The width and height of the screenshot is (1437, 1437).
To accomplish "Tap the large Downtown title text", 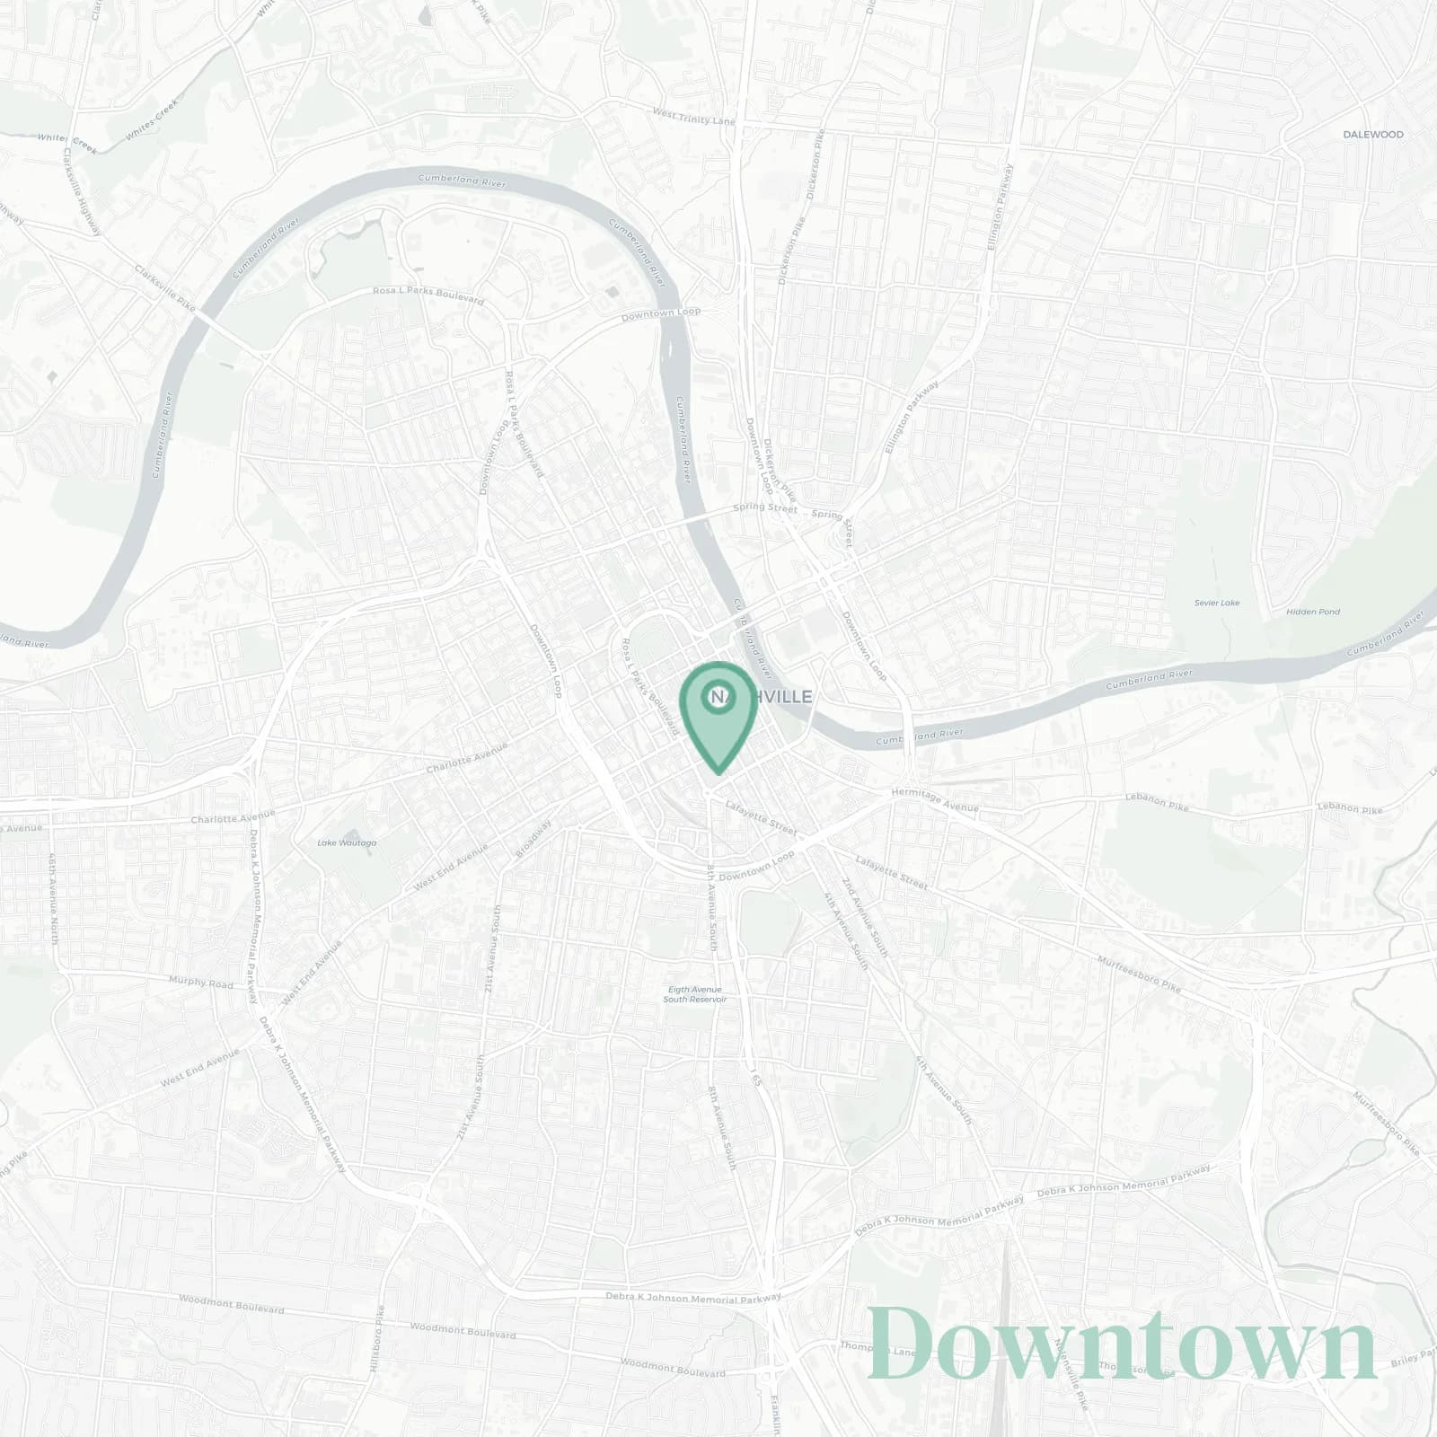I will pos(1122,1344).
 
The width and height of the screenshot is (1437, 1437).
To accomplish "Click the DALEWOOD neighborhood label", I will pos(1372,135).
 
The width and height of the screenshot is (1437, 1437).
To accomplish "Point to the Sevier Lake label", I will pos(1217,603).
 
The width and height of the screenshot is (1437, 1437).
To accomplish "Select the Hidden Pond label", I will pos(1312,612).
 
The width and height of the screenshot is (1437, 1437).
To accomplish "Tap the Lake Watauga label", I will pos(347,842).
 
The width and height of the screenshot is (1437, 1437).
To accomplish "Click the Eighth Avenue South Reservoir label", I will pos(694,994).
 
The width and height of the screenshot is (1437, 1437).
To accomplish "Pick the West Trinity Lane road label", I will pos(694,117).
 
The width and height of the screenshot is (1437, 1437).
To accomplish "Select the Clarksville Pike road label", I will pos(164,284).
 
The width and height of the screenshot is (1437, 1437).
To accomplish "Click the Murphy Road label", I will pos(201,983).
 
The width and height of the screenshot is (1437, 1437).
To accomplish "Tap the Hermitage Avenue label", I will pos(934,800).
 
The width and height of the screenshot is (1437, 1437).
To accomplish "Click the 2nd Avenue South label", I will pos(866,916).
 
